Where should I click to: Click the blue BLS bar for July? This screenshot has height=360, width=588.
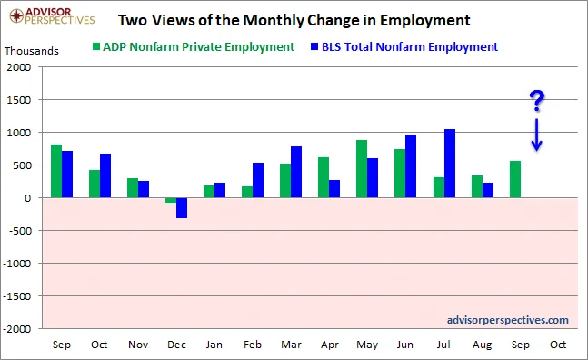pyautogui.click(x=450, y=164)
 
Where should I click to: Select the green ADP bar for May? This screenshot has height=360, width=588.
pyautogui.click(x=362, y=169)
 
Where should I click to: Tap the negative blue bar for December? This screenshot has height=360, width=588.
pyautogui.click(x=182, y=208)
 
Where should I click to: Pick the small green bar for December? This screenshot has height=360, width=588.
pyautogui.click(x=171, y=200)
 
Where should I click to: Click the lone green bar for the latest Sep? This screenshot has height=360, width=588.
pyautogui.click(x=515, y=179)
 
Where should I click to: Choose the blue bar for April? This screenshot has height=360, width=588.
pyautogui.click(x=334, y=189)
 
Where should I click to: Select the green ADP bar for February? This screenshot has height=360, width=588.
pyautogui.click(x=247, y=192)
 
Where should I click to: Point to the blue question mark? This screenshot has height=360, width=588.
pyautogui.click(x=537, y=101)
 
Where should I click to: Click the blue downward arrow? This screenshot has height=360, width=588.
pyautogui.click(x=536, y=135)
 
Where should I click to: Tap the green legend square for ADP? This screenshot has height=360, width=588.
pyautogui.click(x=96, y=46)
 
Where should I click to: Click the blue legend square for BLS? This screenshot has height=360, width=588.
pyautogui.click(x=314, y=46)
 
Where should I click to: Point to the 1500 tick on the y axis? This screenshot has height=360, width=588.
pyautogui.click(x=19, y=100)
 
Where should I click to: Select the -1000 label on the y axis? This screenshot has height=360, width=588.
pyautogui.click(x=17, y=264)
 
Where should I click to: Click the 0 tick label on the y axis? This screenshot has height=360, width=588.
pyautogui.click(x=28, y=198)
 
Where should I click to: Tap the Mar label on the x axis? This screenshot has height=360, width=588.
pyautogui.click(x=291, y=345)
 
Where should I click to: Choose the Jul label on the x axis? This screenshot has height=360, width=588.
pyautogui.click(x=443, y=345)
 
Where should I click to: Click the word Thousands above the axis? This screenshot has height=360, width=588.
pyautogui.click(x=32, y=51)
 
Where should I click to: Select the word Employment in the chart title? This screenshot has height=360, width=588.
pyautogui.click(x=425, y=20)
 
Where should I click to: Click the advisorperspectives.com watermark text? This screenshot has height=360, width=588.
pyautogui.click(x=508, y=320)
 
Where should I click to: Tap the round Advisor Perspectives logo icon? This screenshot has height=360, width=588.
pyautogui.click(x=17, y=15)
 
